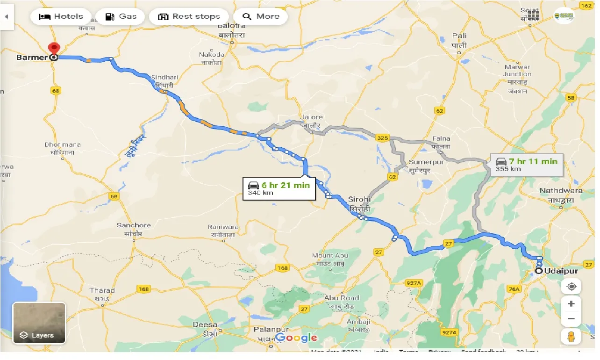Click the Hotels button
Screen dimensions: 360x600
click(x=61, y=16)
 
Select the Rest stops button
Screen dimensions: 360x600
click(x=189, y=16)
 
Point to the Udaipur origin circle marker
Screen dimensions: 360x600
click(x=539, y=271)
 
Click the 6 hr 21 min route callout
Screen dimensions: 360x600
click(x=279, y=188)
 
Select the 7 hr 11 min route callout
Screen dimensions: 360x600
click(x=527, y=165)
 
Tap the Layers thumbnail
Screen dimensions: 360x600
click(x=39, y=323)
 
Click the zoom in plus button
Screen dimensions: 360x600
click(x=571, y=303)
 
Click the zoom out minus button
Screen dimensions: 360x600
click(x=571, y=320)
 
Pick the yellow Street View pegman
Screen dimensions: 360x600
click(x=571, y=337)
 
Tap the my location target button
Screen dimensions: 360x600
click(x=571, y=286)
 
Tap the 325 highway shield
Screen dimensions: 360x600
click(x=382, y=138)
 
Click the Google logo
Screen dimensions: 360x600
click(x=296, y=338)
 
